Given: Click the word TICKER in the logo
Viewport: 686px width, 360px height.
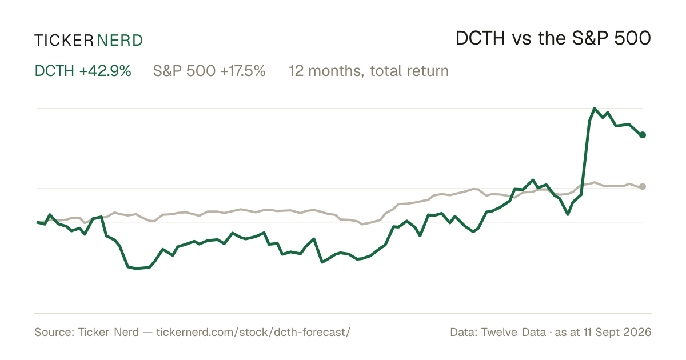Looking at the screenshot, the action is [63, 41].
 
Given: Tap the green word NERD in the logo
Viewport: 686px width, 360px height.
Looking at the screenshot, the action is [119, 41].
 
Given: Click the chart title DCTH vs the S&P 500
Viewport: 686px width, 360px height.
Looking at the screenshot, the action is [553, 39].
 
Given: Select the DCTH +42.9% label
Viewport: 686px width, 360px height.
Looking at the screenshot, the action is [83, 71].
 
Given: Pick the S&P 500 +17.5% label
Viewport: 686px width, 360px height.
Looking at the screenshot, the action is [209, 71].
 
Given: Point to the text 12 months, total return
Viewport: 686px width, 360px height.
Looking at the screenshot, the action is [369, 71].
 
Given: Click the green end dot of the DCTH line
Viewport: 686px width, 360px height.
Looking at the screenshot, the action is [643, 135].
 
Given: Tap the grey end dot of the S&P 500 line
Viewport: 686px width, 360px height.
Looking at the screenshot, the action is [643, 186].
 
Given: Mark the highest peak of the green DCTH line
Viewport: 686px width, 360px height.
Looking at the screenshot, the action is [595, 109].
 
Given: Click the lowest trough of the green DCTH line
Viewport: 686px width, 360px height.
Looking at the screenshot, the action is [136, 269].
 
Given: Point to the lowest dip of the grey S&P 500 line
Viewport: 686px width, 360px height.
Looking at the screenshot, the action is [362, 225].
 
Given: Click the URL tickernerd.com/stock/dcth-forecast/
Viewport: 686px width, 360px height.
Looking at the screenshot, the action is [253, 332].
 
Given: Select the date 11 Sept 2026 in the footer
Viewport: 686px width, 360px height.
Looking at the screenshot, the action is [617, 332].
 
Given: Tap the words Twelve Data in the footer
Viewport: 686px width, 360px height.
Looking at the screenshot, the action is [513, 332].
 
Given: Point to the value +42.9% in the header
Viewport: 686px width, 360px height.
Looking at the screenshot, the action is [105, 71].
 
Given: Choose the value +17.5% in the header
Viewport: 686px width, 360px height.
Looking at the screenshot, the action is [242, 71].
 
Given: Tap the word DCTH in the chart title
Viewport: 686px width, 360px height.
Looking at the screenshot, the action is [480, 39].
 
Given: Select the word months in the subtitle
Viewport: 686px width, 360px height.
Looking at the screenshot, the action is [335, 71].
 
